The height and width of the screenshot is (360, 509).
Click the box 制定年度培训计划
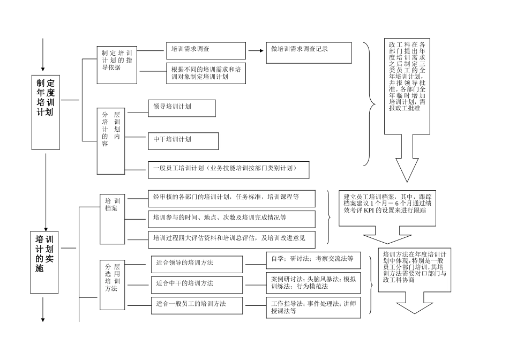[x=46, y=99]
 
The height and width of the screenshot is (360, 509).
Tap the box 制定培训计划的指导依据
[x=117, y=64]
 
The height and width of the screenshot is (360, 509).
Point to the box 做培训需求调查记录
[x=309, y=52]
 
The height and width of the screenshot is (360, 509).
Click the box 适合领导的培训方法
[x=197, y=264]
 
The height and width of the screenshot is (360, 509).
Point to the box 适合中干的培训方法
[x=197, y=284]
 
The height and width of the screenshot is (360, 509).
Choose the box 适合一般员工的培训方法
[x=197, y=305]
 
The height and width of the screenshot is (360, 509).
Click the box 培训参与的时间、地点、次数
[x=231, y=218]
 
